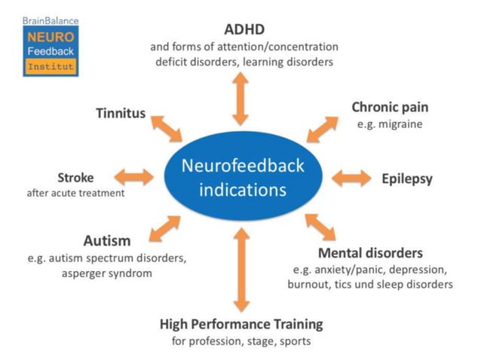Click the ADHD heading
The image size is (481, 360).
click(240, 30)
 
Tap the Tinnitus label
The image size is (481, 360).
click(121, 113)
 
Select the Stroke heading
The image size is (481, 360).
click(75, 178)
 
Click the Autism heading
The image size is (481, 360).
click(107, 241)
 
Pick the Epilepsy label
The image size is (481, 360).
click(407, 178)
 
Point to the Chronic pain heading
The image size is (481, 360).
click(390, 107)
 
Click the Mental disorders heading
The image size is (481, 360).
click(370, 252)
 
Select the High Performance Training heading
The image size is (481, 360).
click(241, 324)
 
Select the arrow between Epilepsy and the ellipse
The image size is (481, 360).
click(351, 178)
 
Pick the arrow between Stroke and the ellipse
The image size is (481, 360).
click(133, 178)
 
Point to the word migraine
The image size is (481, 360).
click(400, 124)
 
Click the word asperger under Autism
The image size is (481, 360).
click(87, 273)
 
